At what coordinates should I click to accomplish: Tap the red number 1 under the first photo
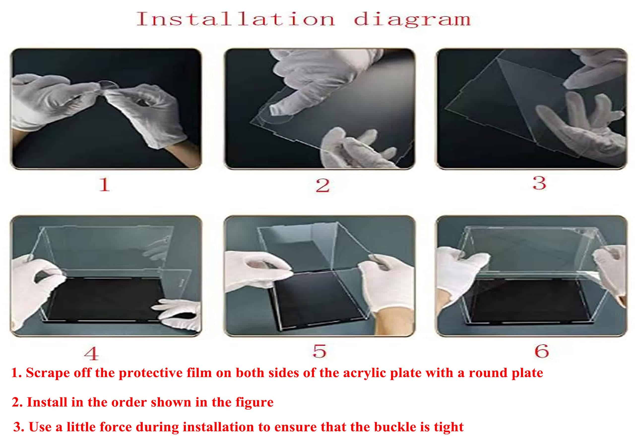tap(105, 184)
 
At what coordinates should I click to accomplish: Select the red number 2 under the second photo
tap(322, 185)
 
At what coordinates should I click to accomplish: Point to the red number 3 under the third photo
tap(540, 183)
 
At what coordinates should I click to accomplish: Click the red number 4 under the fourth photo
tap(92, 354)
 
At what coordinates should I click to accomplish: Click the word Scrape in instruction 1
tap(48, 373)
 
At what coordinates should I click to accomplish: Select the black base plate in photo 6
tap(530, 301)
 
